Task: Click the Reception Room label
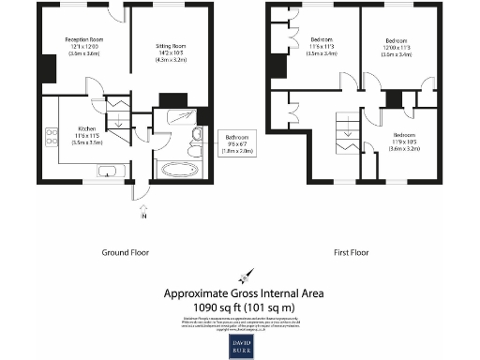coord(82,39)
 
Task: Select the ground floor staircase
coord(118,117)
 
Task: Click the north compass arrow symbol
coord(242,276)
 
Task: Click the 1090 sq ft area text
coord(243,307)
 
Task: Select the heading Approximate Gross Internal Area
coord(244,292)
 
